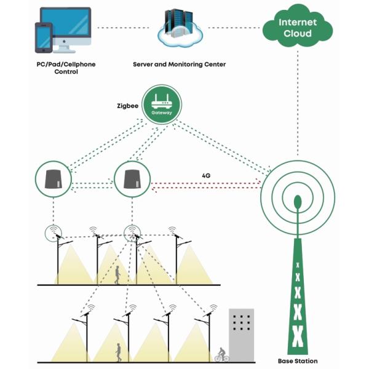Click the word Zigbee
[x=127, y=105]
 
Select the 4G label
[x=207, y=174]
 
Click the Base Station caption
[x=298, y=361]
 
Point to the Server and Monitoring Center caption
[x=180, y=64]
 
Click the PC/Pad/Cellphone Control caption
[x=66, y=68]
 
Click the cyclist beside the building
[x=221, y=355]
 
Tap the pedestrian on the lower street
[x=119, y=352]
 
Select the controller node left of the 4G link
[x=132, y=180]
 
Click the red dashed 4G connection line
[x=206, y=183]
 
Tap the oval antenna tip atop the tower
[x=298, y=201]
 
